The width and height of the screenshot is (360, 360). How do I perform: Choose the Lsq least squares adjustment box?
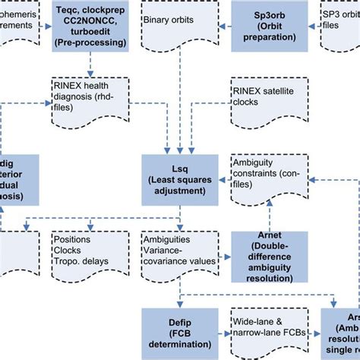pyautogui.click(x=181, y=179)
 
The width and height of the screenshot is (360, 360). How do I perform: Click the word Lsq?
pyautogui.click(x=181, y=168)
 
